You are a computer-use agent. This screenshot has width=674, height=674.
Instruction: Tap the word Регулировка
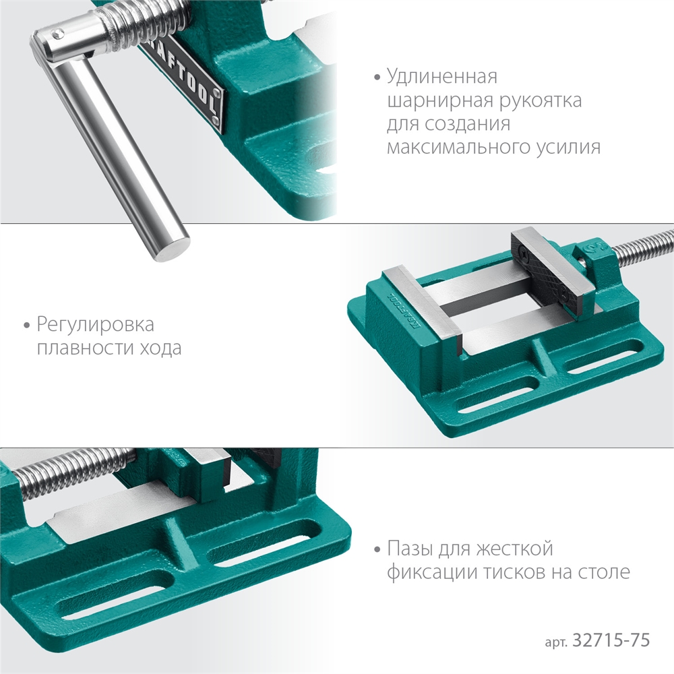[x=95, y=325]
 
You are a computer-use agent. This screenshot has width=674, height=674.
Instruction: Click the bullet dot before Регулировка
[x=26, y=326]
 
